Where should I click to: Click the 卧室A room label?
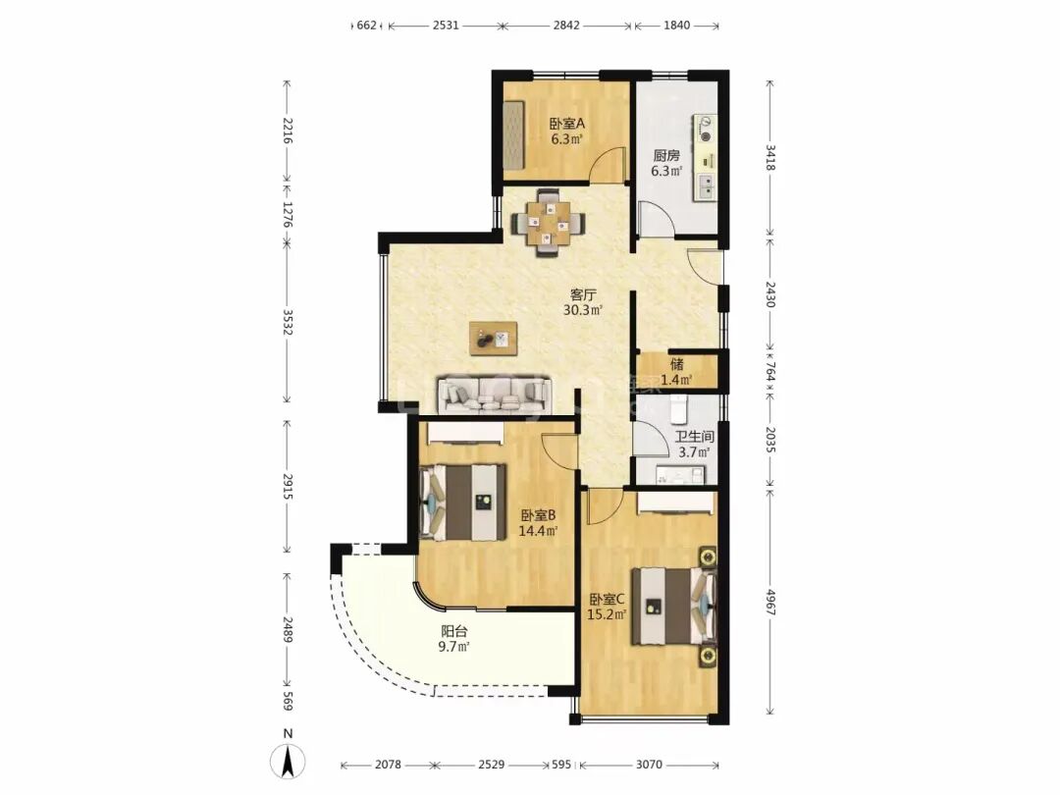click(566, 125)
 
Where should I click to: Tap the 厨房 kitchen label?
click(665, 155)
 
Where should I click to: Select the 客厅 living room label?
click(583, 294)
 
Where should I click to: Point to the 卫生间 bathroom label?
click(694, 437)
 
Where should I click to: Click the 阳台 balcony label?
click(454, 631)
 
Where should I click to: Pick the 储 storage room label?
click(676, 364)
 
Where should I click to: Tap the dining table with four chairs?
click(548, 223)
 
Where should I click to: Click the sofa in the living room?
click(494, 396)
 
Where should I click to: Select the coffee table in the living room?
click(494, 338)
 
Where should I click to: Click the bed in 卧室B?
click(463, 502)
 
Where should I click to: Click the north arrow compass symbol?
click(288, 759)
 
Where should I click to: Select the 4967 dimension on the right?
click(770, 599)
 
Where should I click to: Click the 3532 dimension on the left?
click(288, 327)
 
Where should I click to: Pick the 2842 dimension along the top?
click(566, 26)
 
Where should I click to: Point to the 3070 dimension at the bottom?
click(649, 765)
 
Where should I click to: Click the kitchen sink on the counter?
click(705, 185)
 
